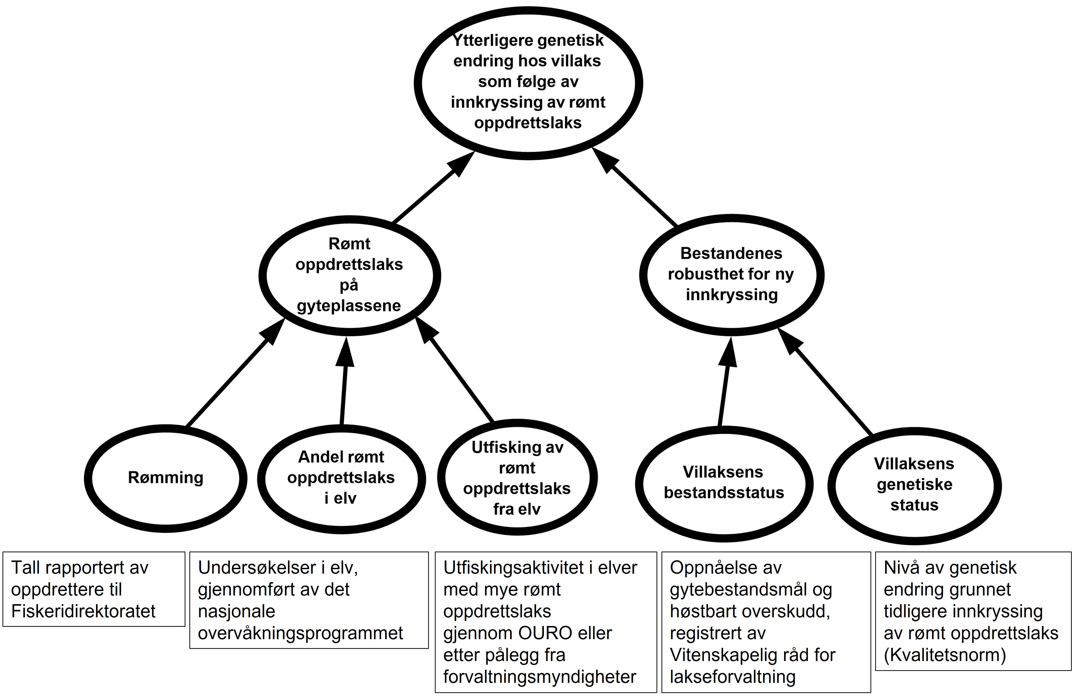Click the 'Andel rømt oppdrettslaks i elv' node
click(x=341, y=478)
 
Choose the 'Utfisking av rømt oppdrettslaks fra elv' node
click(x=517, y=478)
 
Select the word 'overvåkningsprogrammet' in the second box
click(x=300, y=633)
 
